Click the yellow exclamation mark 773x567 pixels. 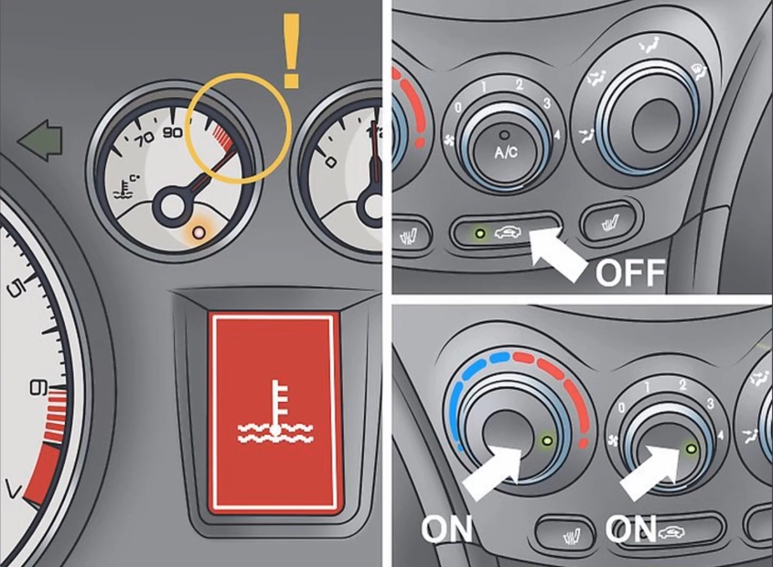[x=291, y=51]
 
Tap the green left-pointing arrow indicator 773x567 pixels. [x=40, y=140]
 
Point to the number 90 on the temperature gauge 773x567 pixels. [x=172, y=133]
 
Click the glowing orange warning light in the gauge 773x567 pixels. [x=199, y=232]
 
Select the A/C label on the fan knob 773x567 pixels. [x=506, y=152]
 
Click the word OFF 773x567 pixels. [x=630, y=272]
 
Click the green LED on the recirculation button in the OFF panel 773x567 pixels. [x=479, y=233]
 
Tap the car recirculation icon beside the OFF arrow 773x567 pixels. [x=507, y=233]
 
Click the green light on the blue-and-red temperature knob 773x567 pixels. [x=548, y=441]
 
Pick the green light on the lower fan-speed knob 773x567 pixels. [x=691, y=449]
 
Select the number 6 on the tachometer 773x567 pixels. [x=38, y=388]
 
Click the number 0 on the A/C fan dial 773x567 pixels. [x=458, y=108]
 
